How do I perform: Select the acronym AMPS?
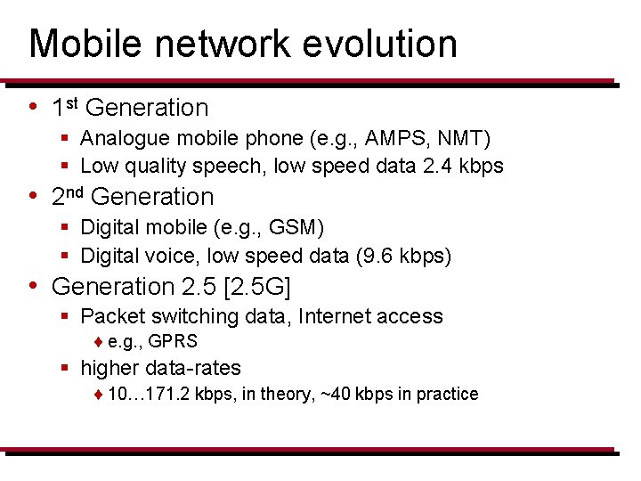tap(389, 138)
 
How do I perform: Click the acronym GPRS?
tap(174, 341)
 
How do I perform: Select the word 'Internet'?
tap(337, 316)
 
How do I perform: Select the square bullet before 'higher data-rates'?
tap(66, 368)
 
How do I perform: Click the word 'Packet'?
tap(109, 316)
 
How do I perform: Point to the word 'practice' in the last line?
tap(447, 394)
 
